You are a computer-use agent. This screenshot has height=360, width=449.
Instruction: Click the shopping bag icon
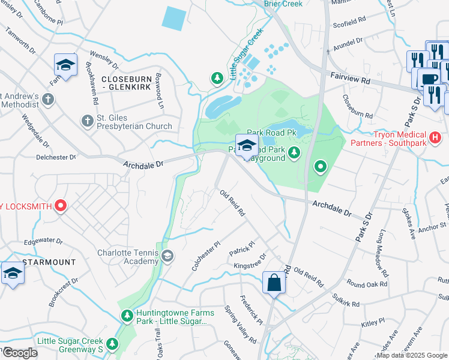click(274, 282)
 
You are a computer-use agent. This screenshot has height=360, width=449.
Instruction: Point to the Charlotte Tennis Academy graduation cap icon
click(167, 257)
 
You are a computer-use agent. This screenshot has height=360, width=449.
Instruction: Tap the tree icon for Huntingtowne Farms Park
click(127, 316)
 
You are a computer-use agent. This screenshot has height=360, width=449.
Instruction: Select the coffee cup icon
click(429, 79)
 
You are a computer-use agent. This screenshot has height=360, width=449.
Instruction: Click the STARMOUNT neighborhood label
click(49, 263)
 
